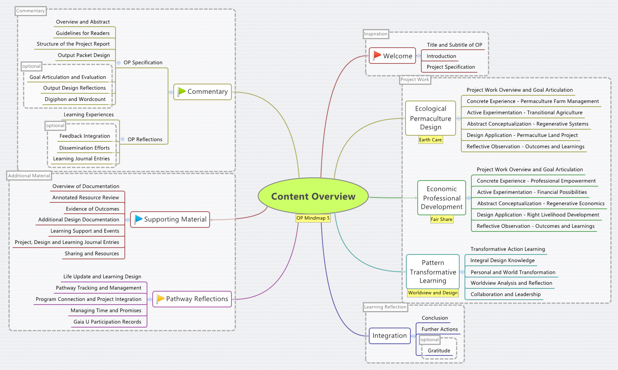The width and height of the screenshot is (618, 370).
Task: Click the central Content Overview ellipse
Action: point(313,196)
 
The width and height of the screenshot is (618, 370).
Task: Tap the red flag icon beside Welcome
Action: point(377,55)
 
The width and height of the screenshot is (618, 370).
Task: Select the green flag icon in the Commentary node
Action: point(181,92)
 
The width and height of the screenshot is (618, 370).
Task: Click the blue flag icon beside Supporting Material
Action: point(138,219)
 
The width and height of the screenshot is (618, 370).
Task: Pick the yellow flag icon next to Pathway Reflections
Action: point(160,299)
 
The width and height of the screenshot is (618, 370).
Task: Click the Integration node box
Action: point(389,336)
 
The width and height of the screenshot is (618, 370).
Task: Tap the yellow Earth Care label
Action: point(430,140)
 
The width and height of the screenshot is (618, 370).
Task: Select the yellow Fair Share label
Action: point(441,219)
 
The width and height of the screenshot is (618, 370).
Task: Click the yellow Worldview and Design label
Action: point(433,293)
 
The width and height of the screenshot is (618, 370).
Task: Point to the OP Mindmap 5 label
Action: point(313,218)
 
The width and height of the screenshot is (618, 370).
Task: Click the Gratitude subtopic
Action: point(439,351)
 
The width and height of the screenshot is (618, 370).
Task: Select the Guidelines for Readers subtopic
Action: point(83,33)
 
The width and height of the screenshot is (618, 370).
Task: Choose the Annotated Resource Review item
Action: point(86,198)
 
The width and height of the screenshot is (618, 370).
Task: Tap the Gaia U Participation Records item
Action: point(107,322)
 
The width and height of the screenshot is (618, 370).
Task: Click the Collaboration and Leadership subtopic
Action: point(505,294)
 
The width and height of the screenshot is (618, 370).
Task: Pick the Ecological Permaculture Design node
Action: point(431,118)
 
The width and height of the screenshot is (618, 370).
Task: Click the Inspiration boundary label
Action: point(376,34)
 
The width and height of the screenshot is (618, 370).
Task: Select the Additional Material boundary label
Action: point(29,176)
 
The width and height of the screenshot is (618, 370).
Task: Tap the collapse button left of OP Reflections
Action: point(122,139)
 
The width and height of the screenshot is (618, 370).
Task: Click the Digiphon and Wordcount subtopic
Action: point(75,99)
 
